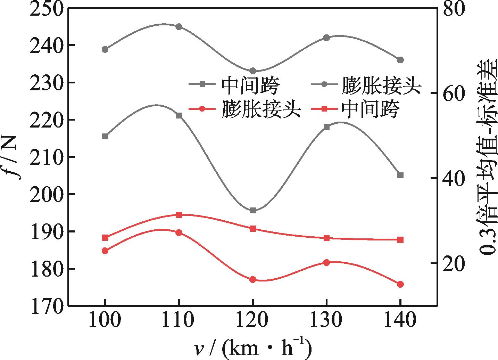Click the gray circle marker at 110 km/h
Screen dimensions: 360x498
point(179,27)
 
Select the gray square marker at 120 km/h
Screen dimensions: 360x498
point(253,211)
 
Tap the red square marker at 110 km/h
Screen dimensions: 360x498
point(179,215)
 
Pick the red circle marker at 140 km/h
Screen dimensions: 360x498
point(400,284)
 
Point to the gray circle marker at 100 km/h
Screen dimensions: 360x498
point(105,49)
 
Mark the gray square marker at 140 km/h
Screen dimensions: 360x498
point(400,175)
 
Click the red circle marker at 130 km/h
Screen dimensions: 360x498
point(326,263)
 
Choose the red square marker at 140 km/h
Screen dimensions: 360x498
point(400,240)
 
